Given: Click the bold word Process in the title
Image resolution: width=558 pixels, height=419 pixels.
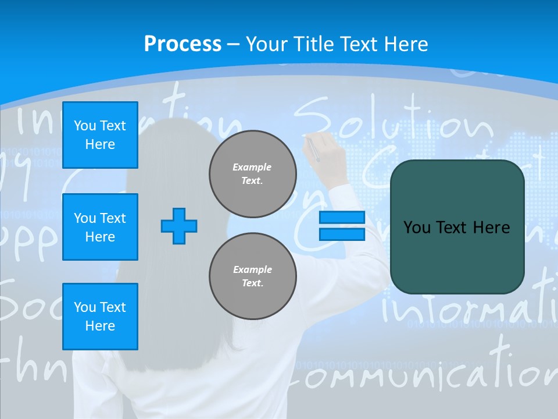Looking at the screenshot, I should (x=183, y=44).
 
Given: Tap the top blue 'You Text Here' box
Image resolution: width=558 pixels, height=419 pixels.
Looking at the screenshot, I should (x=100, y=135).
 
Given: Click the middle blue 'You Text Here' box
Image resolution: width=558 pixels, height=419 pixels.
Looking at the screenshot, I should (x=100, y=227).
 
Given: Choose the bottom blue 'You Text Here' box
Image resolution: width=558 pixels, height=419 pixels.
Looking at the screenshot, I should (x=100, y=316).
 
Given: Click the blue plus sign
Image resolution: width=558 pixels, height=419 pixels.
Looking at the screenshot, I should (x=179, y=226).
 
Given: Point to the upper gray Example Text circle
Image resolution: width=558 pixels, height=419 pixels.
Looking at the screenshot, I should (x=253, y=174).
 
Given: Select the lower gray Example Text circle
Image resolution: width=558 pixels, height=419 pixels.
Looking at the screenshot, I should (x=253, y=276).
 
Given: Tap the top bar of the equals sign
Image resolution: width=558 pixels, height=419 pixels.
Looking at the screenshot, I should (x=342, y=218).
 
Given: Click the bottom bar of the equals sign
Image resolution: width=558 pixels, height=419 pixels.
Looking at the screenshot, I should (x=342, y=235).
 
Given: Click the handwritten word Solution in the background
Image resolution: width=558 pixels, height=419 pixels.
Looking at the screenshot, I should (x=395, y=119).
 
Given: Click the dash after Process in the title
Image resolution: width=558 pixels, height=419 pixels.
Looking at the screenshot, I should (x=234, y=44).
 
